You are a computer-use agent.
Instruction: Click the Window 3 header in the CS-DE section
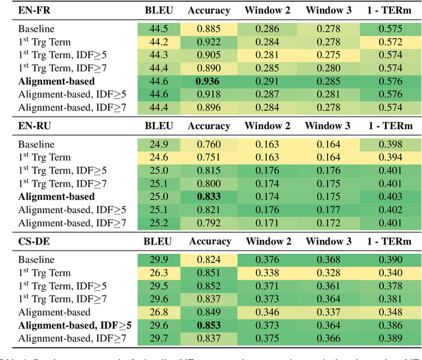(x=328, y=241)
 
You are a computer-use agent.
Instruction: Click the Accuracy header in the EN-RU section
(x=208, y=126)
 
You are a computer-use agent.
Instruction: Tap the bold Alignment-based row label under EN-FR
(x=55, y=81)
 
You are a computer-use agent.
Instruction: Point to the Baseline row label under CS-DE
(x=36, y=260)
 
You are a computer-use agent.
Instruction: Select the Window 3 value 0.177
(x=328, y=210)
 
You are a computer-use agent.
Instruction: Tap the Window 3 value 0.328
(x=328, y=273)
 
